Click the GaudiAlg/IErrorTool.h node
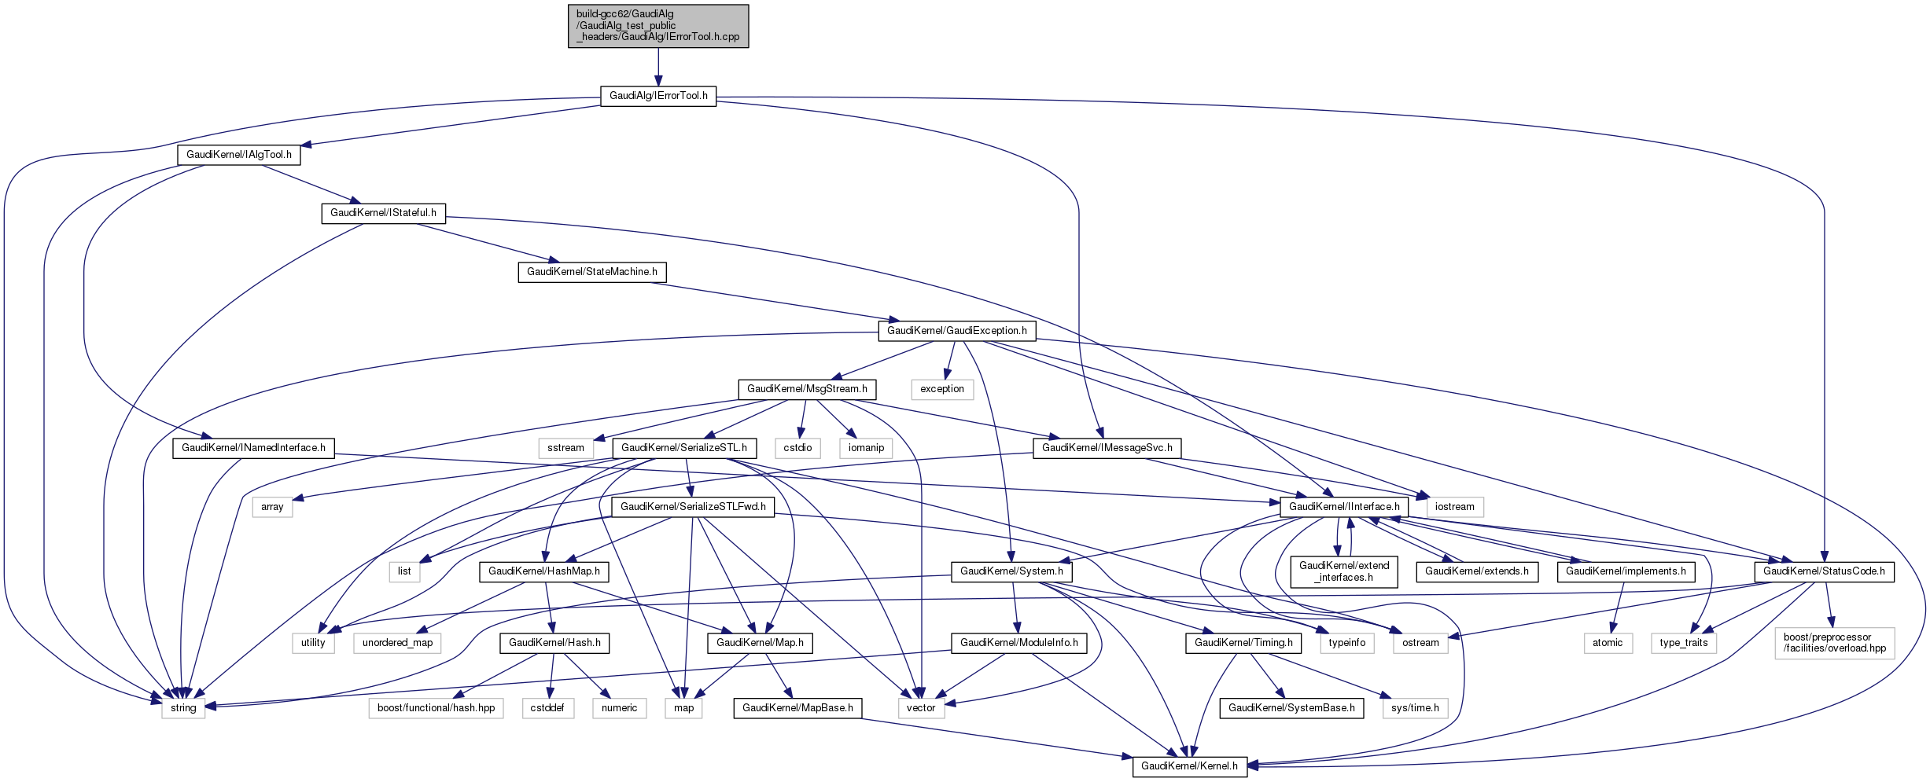point(658,96)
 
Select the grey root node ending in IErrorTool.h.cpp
point(658,26)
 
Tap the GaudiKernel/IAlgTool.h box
point(238,155)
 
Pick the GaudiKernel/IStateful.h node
point(383,213)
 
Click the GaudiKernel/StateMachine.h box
point(591,272)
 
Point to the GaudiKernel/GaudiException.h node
point(956,331)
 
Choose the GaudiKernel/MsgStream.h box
point(807,389)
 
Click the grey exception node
point(941,389)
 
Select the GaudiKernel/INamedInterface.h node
point(253,448)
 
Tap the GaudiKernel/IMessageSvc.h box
point(1107,448)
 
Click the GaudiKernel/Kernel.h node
point(1189,766)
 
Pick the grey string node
point(183,708)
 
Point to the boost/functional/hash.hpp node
point(436,708)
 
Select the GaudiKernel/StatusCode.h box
point(1823,571)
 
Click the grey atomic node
point(1607,643)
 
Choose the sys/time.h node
point(1414,708)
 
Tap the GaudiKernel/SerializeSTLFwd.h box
point(693,507)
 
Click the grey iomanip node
point(866,448)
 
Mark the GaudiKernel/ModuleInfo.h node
point(1018,643)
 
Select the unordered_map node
point(397,643)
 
